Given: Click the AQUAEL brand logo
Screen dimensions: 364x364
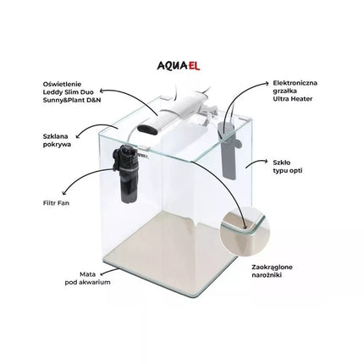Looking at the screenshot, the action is pos(179,65).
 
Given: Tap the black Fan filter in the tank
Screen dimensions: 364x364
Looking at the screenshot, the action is pos(125,173).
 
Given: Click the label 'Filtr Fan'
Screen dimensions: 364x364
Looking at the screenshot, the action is pos(57,203).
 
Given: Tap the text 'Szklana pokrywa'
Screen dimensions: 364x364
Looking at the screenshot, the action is pos(57,141).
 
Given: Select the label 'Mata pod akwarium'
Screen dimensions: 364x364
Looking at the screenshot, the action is pos(87,279).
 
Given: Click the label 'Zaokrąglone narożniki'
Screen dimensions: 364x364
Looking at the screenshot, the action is pos(272,271).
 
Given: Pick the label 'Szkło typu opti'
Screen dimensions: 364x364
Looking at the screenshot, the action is pos(288,167).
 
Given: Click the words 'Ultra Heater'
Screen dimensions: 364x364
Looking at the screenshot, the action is pos(293,99).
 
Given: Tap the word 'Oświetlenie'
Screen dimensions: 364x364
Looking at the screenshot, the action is pos(62,84).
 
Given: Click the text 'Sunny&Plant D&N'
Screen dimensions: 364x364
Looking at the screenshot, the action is pos(72,100).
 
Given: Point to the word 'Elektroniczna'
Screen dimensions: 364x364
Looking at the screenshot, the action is pos(295,83).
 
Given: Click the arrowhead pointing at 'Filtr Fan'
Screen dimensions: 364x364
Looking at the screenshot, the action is pos(64,192).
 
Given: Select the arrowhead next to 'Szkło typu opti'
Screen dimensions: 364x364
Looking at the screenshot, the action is pos(266,161).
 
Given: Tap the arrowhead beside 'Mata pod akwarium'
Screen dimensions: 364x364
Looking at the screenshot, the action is pos(102,273).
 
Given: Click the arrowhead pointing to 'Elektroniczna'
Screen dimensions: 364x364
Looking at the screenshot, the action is pos(267,83).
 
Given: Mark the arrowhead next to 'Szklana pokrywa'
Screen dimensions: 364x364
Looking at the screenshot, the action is pos(77,137).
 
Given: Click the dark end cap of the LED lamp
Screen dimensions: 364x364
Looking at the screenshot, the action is pos(148,130).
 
